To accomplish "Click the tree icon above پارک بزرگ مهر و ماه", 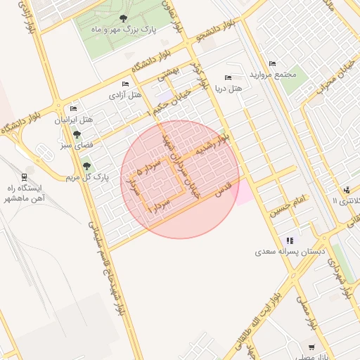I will click(x=124, y=19).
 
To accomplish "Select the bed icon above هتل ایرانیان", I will click(x=74, y=109).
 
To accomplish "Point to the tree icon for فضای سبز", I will click(x=77, y=134).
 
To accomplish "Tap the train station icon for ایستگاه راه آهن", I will click(x=25, y=177).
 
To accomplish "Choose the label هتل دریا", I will click(x=226, y=89).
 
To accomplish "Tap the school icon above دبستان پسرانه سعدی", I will click(x=290, y=240).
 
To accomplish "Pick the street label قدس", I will click(x=224, y=196).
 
